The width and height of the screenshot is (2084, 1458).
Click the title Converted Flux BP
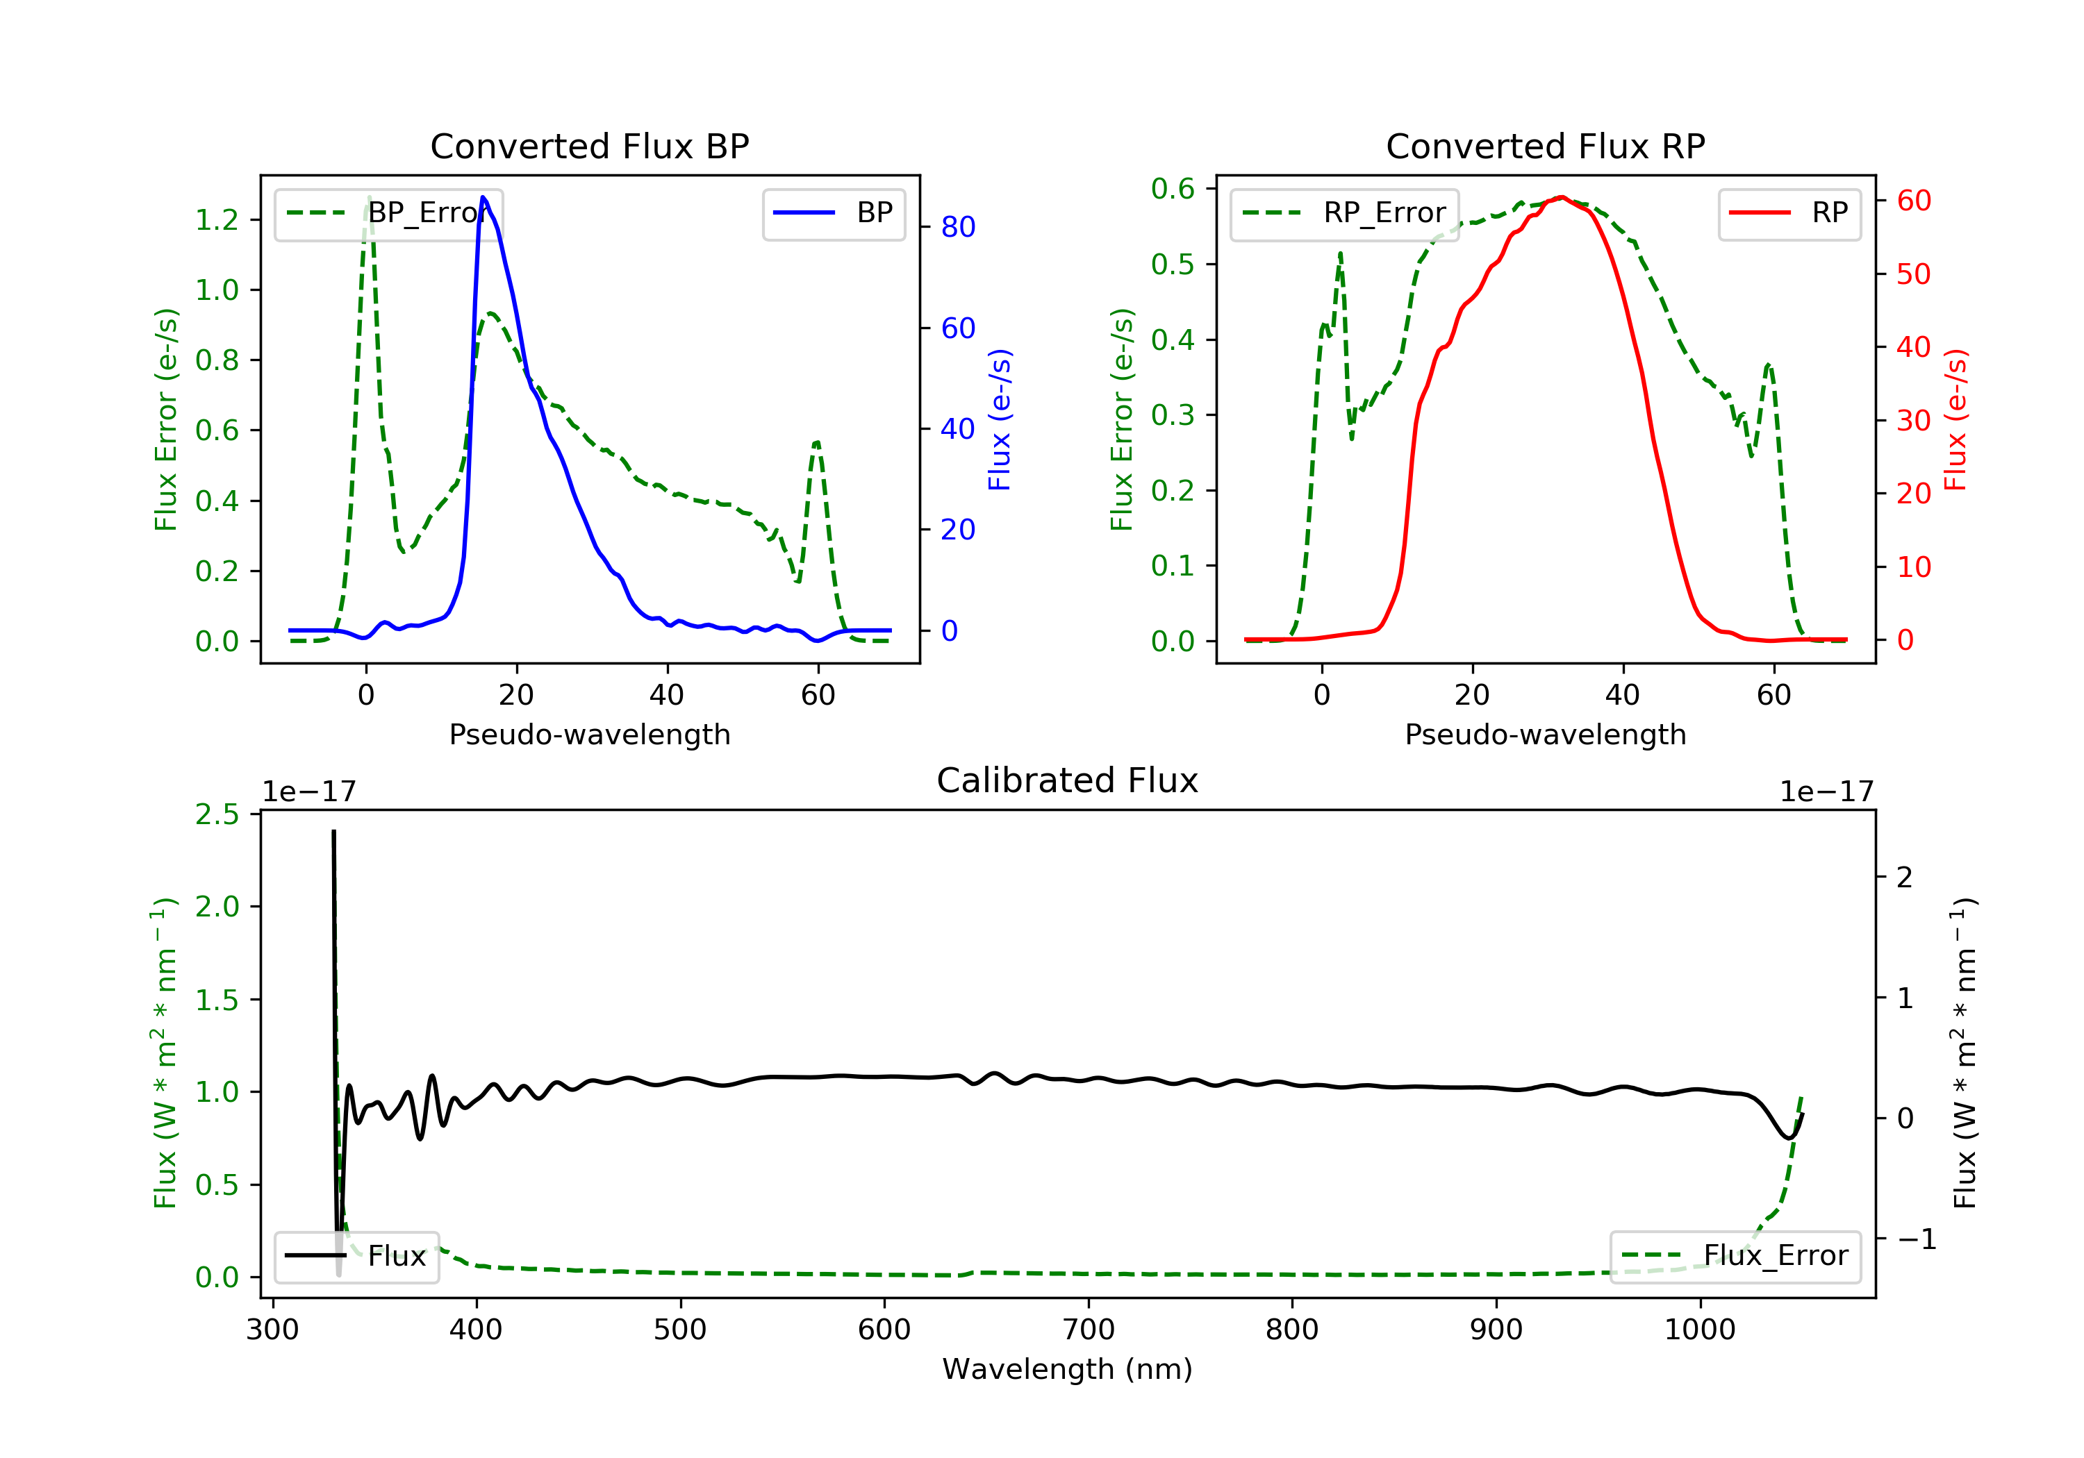[589, 146]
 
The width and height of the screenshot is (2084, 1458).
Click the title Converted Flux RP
[1545, 146]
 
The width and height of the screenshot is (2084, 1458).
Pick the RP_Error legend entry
[1344, 213]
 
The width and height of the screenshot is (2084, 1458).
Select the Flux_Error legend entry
[1735, 1256]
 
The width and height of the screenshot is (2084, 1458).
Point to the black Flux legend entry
[357, 1256]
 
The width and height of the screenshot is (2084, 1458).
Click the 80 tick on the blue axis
[957, 227]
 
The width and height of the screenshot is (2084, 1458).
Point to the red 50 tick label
[1913, 274]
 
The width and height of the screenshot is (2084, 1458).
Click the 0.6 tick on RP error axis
[1173, 189]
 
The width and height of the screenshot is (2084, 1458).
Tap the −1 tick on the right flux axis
[1915, 1239]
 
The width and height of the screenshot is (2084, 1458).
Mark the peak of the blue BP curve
[483, 197]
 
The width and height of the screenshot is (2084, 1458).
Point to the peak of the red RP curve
[1561, 197]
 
